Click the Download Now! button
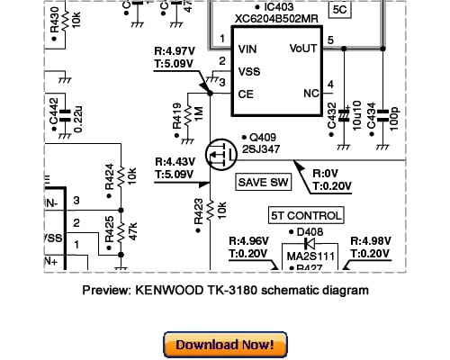(x=225, y=344)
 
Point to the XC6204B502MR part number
(x=277, y=18)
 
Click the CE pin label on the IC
(x=245, y=94)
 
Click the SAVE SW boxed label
(x=264, y=183)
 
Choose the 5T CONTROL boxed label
(x=306, y=216)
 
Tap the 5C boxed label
(x=340, y=10)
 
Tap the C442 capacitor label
(x=53, y=109)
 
